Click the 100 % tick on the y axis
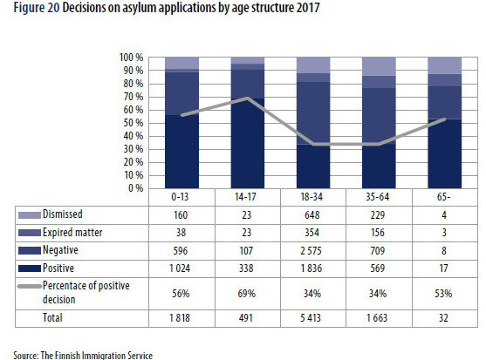(x=129, y=58)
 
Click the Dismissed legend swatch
(x=24, y=214)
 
